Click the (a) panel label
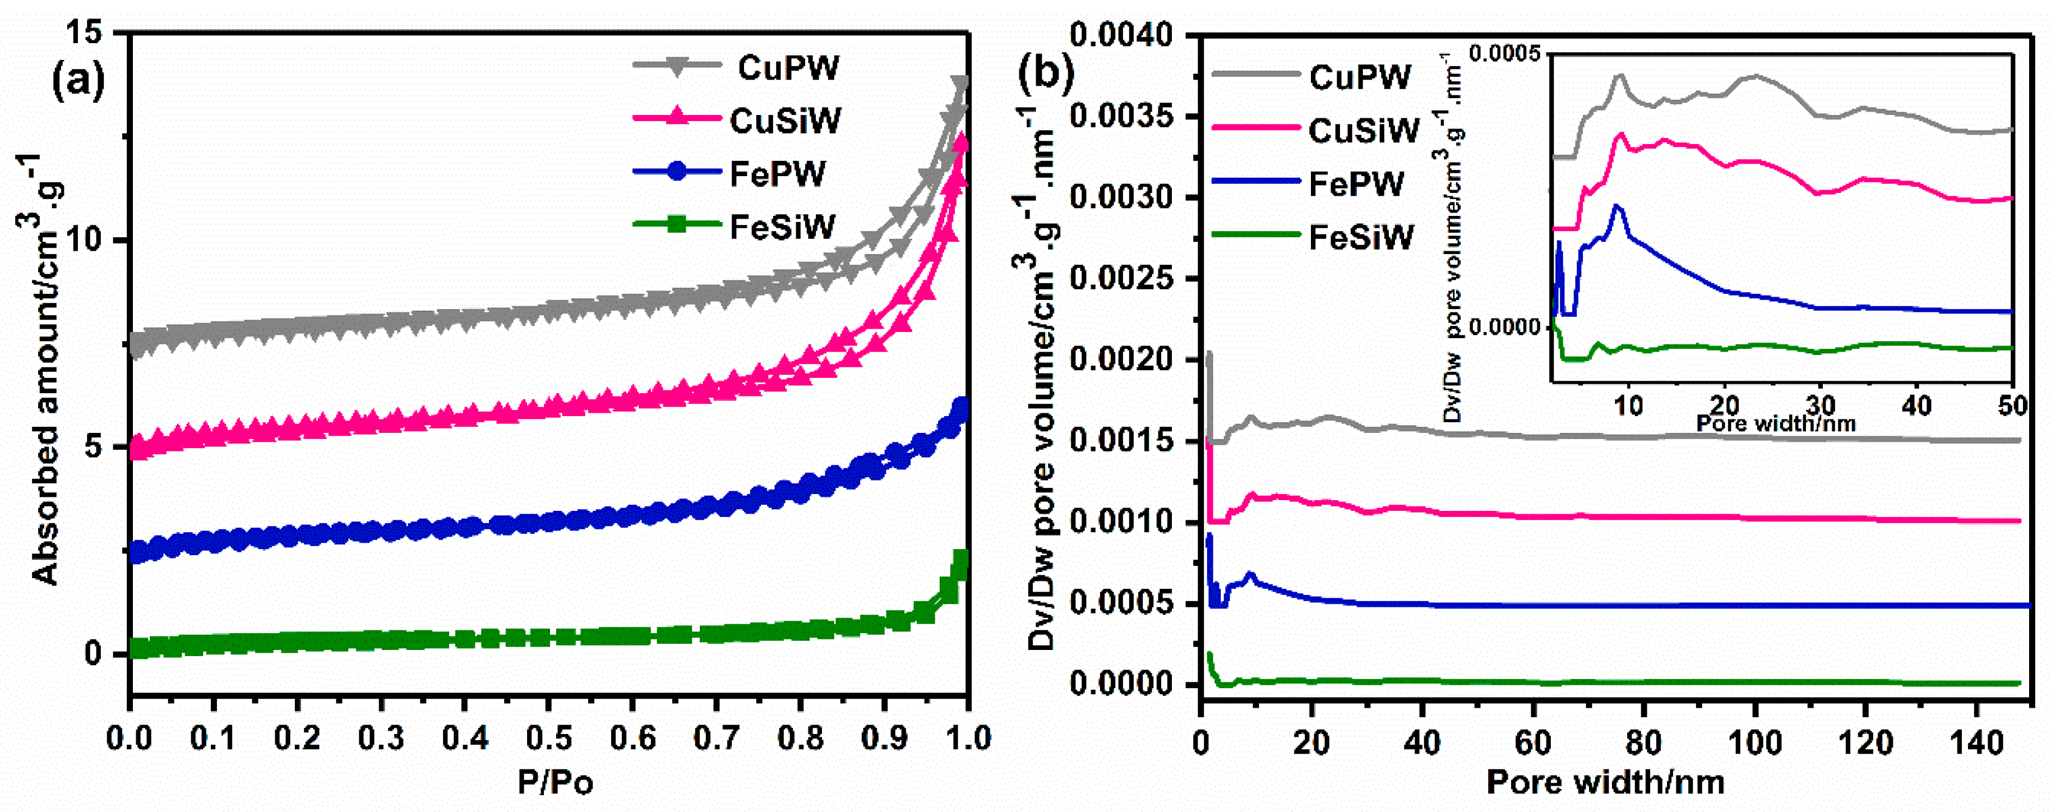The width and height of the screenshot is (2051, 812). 77,81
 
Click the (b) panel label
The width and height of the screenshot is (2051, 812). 1046,73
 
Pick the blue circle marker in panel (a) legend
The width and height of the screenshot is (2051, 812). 677,172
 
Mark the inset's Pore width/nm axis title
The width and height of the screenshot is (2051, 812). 1776,423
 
